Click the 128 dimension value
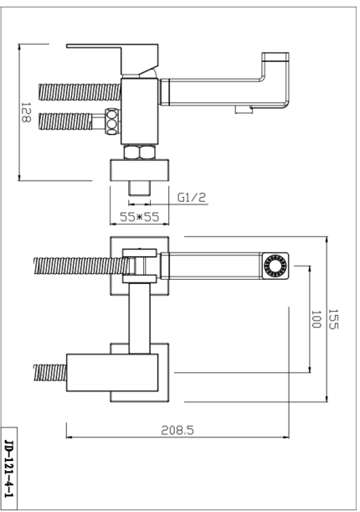coord(26,112)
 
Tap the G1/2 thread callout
coord(192,198)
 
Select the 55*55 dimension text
coord(140,217)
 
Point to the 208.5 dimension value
coord(177,431)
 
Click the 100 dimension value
coord(316,319)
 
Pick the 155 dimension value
coord(333,319)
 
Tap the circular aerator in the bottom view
coord(275,266)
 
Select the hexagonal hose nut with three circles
coord(112,122)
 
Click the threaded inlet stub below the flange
coord(139,188)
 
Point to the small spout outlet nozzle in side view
coord(244,110)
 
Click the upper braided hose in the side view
coord(80,92)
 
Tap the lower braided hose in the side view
coord(65,122)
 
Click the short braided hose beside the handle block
coord(50,373)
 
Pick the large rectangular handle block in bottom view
coord(112,373)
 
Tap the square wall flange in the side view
coord(140,170)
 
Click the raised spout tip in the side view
coord(275,57)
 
